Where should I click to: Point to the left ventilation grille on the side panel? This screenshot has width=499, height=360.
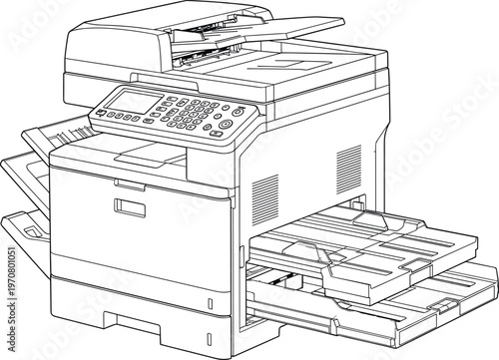(x=263, y=193)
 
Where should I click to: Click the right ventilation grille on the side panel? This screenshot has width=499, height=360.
(x=348, y=165)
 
